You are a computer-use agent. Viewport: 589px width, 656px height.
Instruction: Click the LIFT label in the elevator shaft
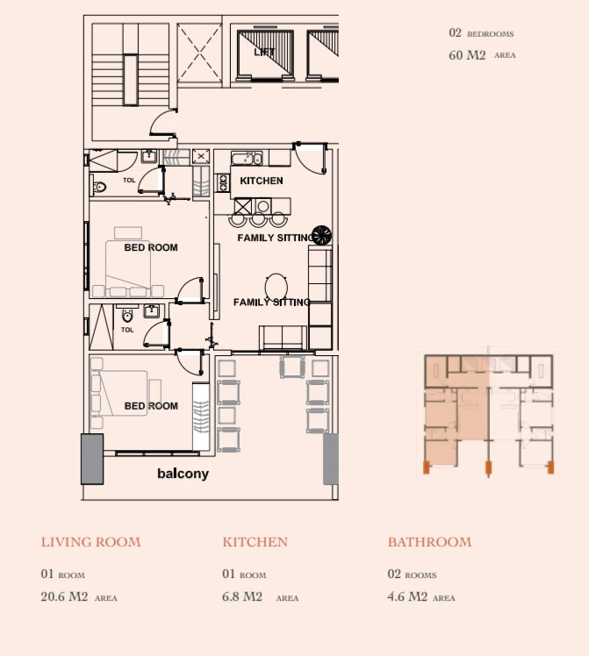pyautogui.click(x=264, y=53)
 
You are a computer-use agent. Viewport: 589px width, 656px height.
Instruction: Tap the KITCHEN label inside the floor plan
pyautogui.click(x=262, y=181)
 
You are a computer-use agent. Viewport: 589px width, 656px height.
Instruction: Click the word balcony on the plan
pyautogui.click(x=183, y=474)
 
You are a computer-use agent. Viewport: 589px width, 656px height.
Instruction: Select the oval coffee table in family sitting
pyautogui.click(x=277, y=288)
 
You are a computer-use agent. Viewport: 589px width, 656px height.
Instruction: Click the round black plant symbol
pyautogui.click(x=321, y=235)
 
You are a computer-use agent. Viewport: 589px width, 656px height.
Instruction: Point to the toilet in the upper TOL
pyautogui.click(x=99, y=187)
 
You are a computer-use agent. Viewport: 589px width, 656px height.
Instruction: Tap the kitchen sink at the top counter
pyautogui.click(x=247, y=159)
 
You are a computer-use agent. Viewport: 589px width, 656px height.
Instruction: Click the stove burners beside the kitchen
pyautogui.click(x=223, y=182)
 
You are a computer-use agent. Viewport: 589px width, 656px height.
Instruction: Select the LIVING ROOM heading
pyautogui.click(x=90, y=542)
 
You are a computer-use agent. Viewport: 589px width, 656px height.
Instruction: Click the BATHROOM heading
pyautogui.click(x=429, y=542)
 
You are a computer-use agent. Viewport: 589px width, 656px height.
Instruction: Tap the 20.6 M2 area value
pyautogui.click(x=64, y=596)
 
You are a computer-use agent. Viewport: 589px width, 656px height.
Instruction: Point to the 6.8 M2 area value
pyautogui.click(x=242, y=596)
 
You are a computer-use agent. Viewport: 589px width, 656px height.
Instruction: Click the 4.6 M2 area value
pyautogui.click(x=407, y=596)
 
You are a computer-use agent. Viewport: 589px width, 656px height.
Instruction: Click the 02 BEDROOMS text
pyautogui.click(x=481, y=33)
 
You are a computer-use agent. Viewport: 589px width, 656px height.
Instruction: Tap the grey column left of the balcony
pyautogui.click(x=92, y=459)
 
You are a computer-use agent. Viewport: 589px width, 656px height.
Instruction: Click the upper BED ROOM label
pyautogui.click(x=151, y=247)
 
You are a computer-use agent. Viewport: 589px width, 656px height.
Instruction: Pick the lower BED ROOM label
pyautogui.click(x=151, y=406)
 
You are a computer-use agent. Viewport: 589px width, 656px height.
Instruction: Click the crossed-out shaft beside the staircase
pyautogui.click(x=199, y=53)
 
